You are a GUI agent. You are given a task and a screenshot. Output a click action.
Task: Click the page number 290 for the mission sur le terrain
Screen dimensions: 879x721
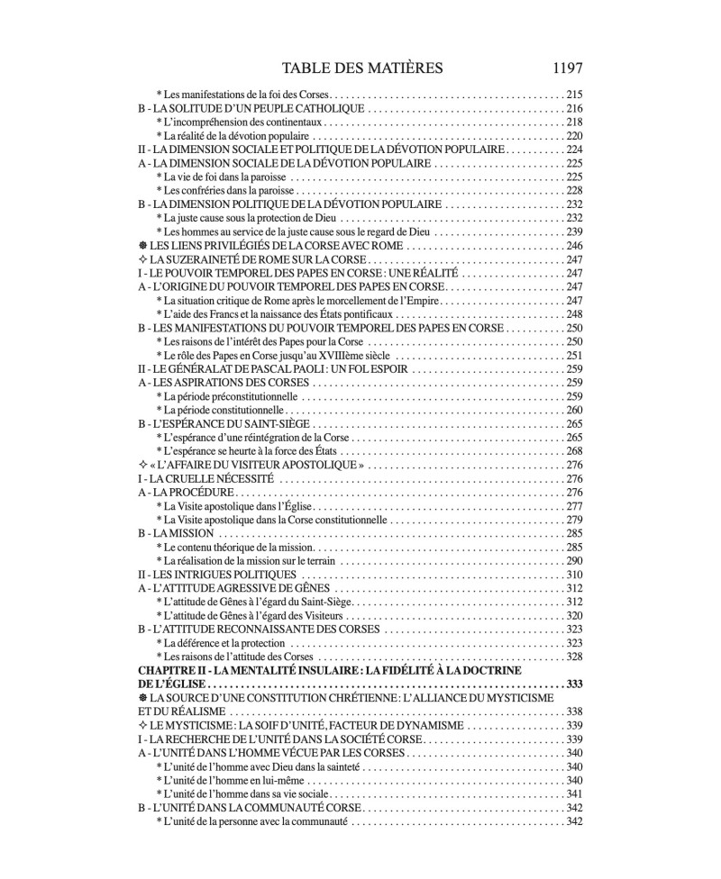[x=574, y=561]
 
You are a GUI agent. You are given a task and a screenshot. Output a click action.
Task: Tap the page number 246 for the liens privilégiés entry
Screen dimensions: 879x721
[x=574, y=246]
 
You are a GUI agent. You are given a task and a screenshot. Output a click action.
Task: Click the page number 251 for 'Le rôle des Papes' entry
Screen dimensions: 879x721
[x=574, y=355]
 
